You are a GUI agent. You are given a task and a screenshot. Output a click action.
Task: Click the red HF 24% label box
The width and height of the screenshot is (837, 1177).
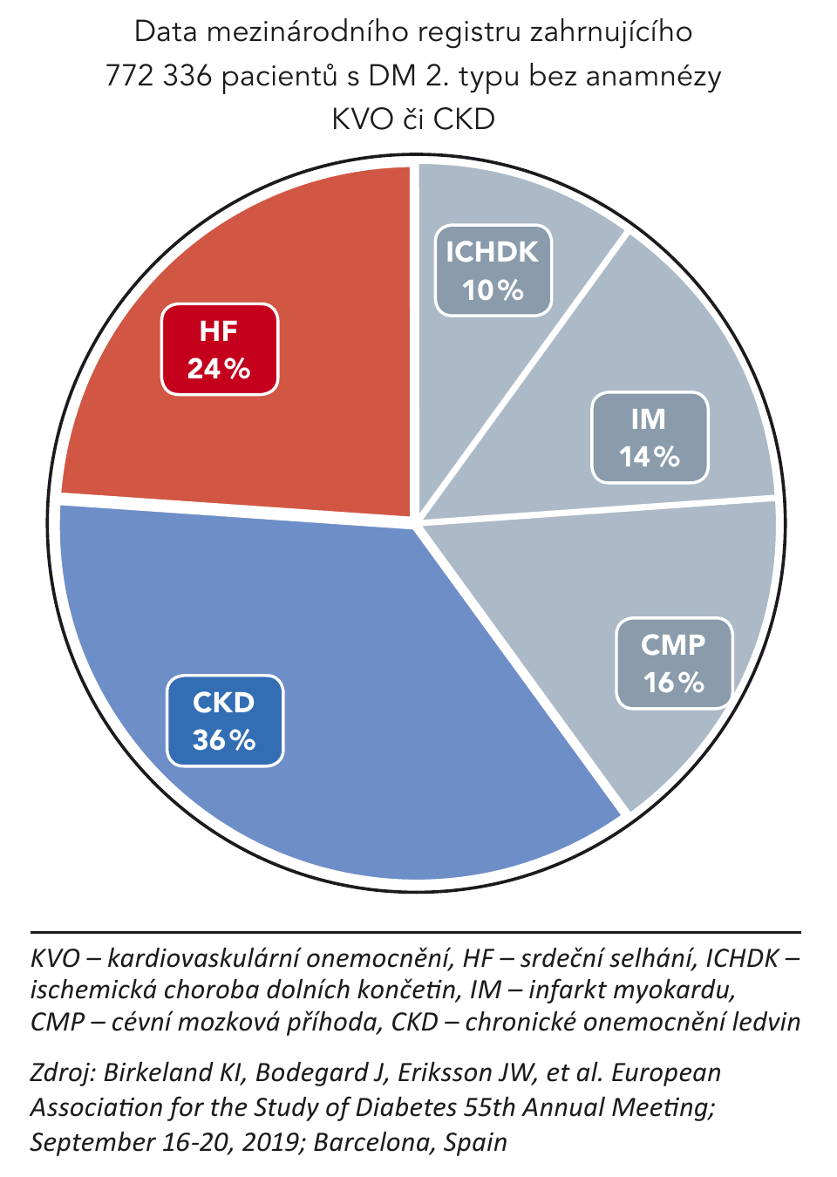220,350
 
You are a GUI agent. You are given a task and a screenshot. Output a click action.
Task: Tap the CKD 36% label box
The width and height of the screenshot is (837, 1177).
225,721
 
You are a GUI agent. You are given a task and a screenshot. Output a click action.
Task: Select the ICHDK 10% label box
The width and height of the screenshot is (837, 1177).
493,270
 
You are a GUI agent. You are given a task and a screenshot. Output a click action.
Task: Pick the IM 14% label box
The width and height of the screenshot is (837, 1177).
650,438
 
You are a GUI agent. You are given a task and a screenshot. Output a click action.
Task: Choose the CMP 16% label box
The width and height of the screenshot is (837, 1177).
674,663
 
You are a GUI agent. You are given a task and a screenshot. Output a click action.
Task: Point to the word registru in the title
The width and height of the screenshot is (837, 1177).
471,32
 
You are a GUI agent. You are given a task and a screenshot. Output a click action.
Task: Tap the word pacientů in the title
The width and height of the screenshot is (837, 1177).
279,76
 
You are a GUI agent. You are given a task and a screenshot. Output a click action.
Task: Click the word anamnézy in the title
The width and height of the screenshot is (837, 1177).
654,76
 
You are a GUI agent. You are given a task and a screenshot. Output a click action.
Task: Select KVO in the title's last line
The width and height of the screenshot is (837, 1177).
361,119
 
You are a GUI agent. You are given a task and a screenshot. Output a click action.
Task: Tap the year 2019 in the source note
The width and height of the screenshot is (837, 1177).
271,1141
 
